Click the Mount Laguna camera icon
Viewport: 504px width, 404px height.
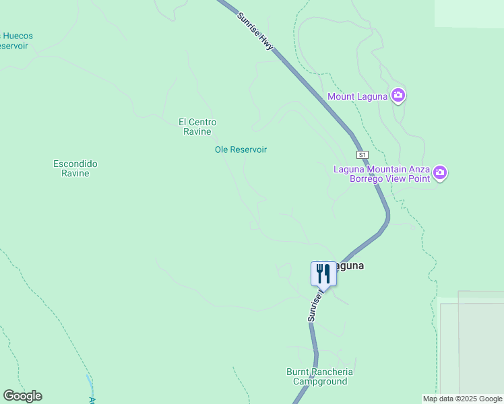coord(398,96)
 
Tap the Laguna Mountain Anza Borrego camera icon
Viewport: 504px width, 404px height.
coord(440,173)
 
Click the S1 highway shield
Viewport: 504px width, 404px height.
coord(363,155)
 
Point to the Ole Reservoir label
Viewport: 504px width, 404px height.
coord(241,149)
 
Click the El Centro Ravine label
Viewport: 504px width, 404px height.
coord(197,127)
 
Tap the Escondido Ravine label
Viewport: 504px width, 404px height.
coord(75,168)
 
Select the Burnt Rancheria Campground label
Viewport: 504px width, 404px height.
coord(319,376)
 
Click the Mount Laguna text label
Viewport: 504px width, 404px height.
coord(357,96)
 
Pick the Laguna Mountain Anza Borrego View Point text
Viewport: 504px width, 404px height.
coord(382,174)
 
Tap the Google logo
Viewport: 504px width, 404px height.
coord(22,396)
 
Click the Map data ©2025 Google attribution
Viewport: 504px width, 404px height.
coord(462,399)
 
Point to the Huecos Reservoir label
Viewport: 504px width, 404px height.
coord(15,41)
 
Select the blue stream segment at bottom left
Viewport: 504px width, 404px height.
coord(90,385)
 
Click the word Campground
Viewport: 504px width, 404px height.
coord(319,381)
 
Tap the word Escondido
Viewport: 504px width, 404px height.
coord(75,164)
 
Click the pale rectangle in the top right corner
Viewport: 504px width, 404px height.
coord(469,13)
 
